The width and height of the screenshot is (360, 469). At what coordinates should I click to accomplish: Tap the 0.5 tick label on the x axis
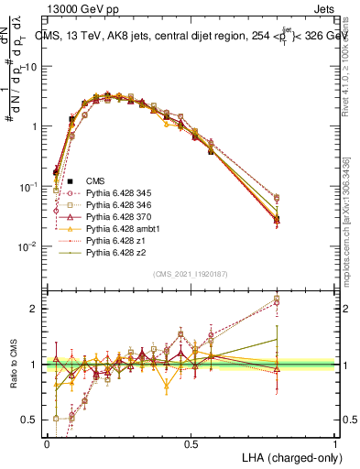click(x=191, y=442)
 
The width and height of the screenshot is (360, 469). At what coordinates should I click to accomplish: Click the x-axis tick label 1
click(x=336, y=442)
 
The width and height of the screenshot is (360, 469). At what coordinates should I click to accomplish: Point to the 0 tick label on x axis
click(x=47, y=442)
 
